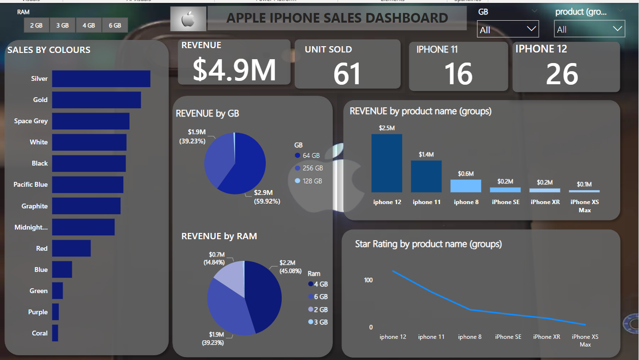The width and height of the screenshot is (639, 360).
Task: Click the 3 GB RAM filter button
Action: [62, 26]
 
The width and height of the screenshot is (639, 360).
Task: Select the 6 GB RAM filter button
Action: [115, 26]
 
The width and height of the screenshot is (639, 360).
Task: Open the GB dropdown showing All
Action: [508, 29]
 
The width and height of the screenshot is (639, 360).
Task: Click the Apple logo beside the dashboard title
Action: [188, 19]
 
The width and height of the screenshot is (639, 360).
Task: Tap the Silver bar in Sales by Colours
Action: [101, 79]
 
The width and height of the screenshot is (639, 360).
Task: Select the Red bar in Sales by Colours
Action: [71, 248]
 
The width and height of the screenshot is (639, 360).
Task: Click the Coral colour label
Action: [39, 333]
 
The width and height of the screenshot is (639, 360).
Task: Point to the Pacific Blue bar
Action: [88, 185]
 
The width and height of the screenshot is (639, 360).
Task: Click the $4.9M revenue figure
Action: [235, 69]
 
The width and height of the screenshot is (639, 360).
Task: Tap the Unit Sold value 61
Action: [347, 74]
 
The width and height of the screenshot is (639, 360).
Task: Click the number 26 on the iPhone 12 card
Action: [562, 74]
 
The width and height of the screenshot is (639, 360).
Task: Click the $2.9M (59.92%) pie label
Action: [267, 197]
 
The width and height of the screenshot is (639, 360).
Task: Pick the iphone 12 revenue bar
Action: [387, 163]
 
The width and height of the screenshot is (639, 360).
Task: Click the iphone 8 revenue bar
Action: [466, 186]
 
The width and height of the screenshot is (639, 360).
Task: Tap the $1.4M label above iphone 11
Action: [426, 154]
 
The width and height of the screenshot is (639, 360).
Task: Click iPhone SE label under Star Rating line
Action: [508, 337]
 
